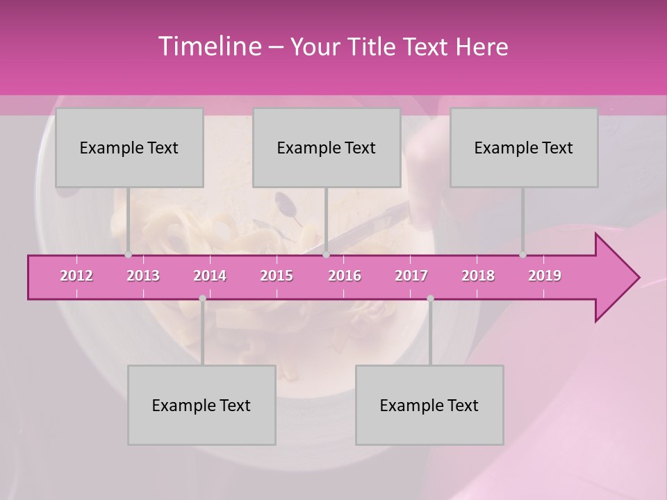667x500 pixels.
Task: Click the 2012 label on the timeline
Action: [76, 276]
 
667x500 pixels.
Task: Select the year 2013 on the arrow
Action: [143, 276]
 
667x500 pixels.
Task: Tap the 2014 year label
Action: [210, 276]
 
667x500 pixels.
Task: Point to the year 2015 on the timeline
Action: [277, 276]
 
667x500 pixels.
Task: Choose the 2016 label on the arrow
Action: [345, 276]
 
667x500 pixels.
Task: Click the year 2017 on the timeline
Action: [411, 276]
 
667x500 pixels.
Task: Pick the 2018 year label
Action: [478, 276]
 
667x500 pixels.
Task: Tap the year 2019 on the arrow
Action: [545, 276]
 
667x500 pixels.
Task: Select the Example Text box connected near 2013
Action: [129, 148]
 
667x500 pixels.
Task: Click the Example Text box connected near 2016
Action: [327, 148]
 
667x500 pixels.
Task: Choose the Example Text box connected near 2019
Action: [524, 148]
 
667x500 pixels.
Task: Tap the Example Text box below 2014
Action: [201, 405]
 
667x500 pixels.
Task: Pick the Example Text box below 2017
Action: [429, 405]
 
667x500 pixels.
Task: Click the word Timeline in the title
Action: [208, 47]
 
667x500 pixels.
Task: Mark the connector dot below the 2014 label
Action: [202, 299]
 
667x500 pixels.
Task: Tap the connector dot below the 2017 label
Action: [430, 299]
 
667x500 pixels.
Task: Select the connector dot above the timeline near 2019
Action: [523, 255]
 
